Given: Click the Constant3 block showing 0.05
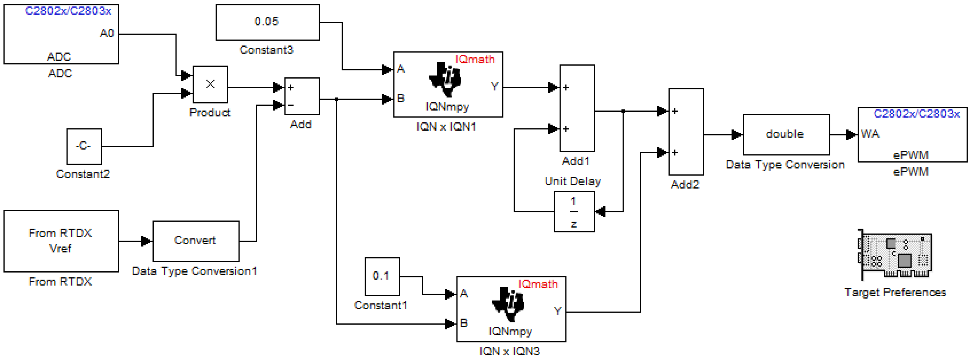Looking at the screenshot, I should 267,22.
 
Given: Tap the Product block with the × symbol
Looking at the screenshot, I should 210,84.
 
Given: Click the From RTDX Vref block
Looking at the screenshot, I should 61,240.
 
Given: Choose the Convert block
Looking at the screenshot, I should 195,240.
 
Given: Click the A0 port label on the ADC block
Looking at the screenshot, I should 107,33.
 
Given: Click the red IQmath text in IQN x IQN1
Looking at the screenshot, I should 474,59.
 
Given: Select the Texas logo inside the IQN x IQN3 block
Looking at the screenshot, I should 508,304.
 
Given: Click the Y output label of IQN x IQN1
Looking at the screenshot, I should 494,86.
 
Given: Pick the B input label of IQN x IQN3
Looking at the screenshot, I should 464,323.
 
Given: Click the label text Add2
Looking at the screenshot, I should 684,185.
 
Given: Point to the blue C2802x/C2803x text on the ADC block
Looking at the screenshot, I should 68,11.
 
